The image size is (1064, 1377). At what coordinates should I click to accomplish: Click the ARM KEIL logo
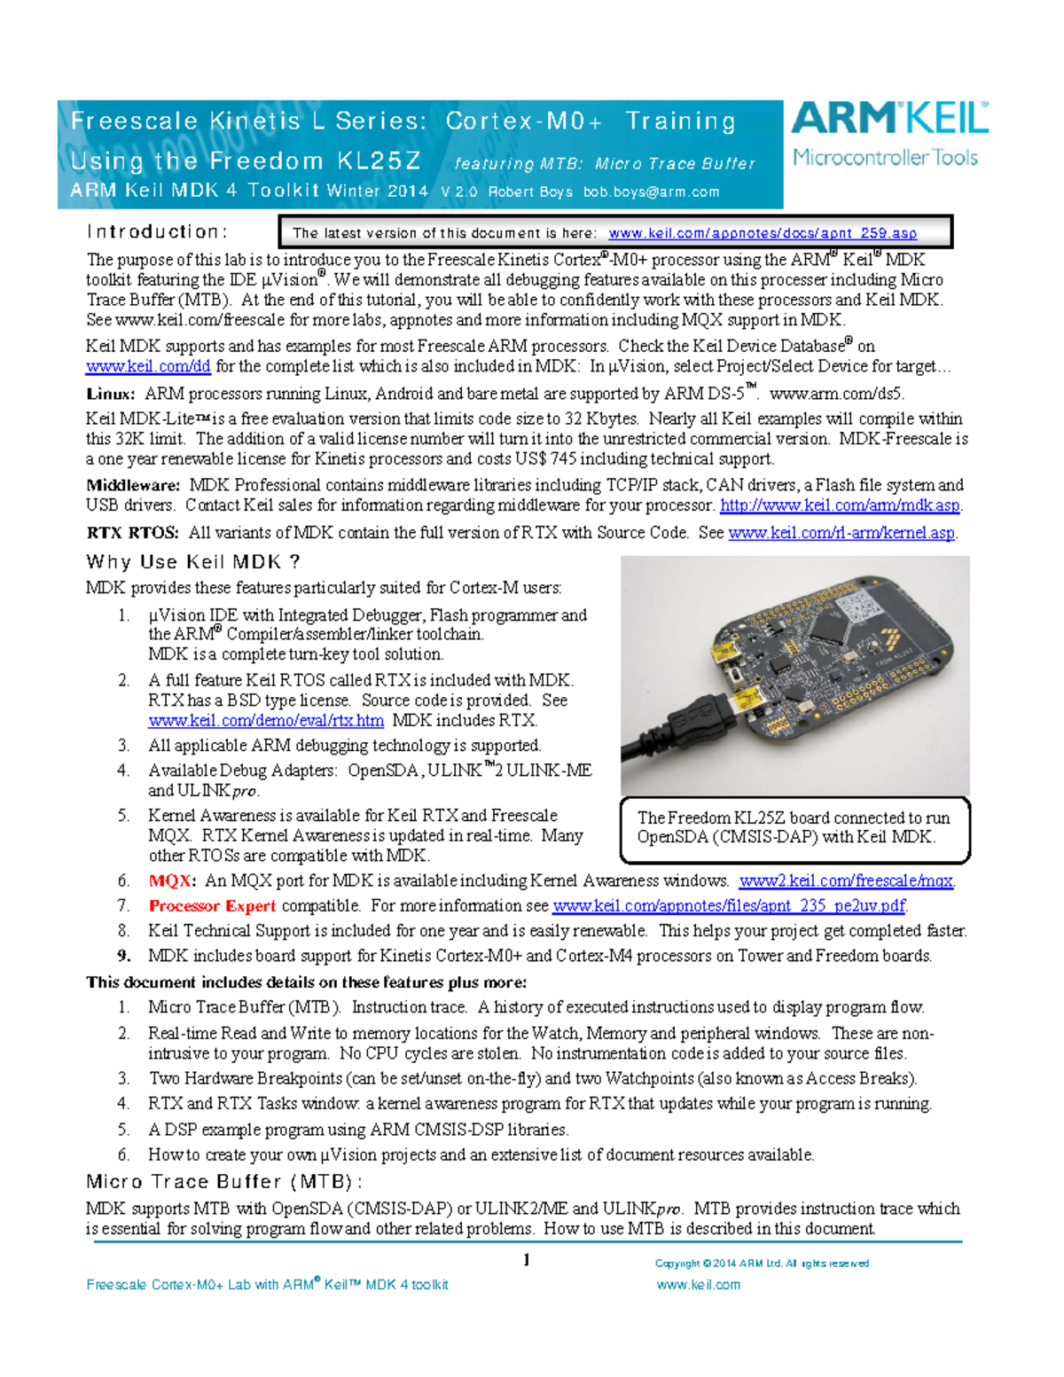[889, 134]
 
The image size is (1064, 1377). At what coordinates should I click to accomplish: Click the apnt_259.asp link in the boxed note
[762, 233]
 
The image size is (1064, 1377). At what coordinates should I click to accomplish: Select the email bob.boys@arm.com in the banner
[651, 192]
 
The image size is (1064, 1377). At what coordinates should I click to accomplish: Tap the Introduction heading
[157, 231]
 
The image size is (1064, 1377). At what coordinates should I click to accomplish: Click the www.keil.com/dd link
[148, 366]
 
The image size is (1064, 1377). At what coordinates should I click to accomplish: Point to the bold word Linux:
[111, 394]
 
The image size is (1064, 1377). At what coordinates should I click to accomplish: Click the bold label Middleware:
[133, 485]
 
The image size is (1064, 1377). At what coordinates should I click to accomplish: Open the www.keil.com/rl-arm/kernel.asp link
[841, 533]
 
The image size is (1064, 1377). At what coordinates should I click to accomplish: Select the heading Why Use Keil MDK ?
[193, 561]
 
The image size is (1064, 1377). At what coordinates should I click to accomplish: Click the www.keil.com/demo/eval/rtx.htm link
[266, 720]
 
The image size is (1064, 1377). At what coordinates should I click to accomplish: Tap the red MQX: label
[171, 880]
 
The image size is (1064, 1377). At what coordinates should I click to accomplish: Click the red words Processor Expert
[212, 905]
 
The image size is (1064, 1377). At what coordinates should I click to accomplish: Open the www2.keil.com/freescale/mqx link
[846, 880]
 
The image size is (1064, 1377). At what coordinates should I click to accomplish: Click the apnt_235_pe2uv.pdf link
[729, 905]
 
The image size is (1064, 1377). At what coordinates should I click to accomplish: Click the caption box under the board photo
[794, 828]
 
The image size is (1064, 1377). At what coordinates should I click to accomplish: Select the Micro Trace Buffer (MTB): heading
[224, 1181]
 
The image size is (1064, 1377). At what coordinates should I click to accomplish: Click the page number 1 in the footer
[527, 1260]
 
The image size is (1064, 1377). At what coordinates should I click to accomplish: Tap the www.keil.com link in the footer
[698, 1284]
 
